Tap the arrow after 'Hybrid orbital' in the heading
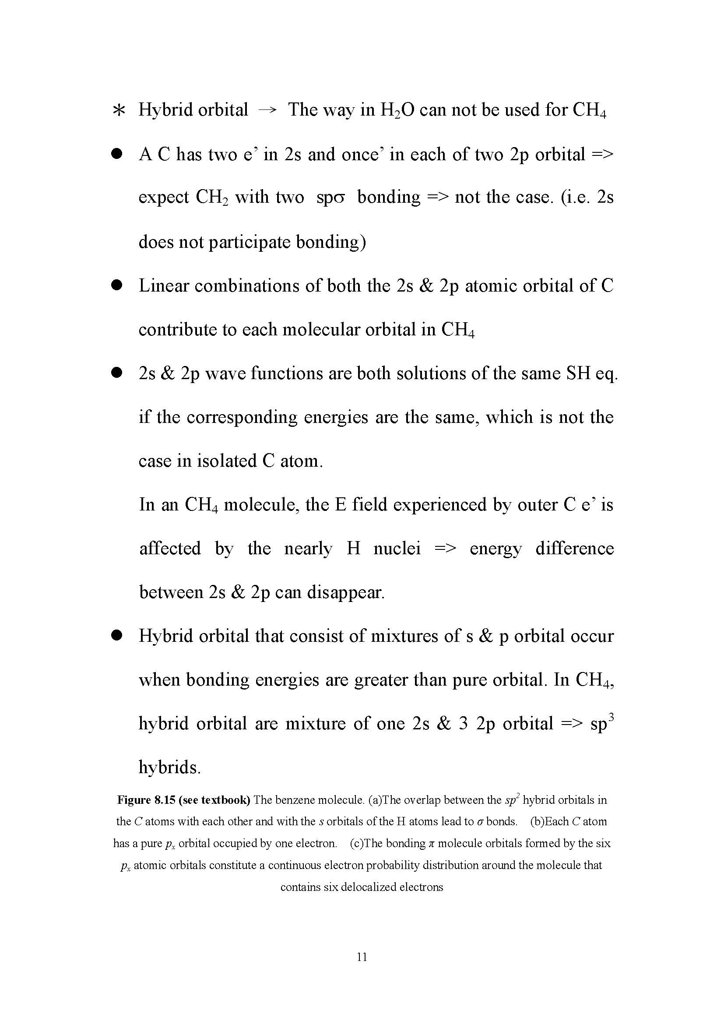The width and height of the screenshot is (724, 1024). coord(267,111)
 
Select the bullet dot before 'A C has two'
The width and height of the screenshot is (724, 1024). coord(117,154)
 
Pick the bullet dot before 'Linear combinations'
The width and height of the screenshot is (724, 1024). coord(117,285)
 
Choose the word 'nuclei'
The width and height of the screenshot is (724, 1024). coord(397,549)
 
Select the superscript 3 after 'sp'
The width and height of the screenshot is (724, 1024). coord(612,718)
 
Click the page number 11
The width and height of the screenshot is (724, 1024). coord(362,957)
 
